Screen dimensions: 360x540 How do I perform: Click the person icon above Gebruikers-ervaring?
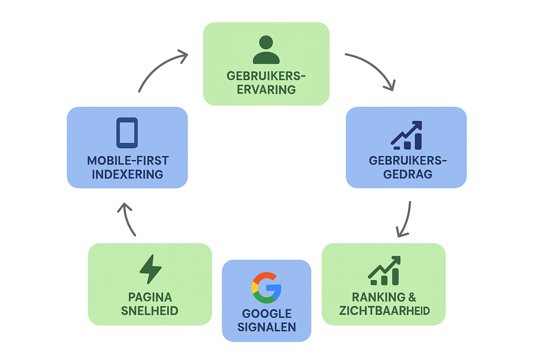click(266, 50)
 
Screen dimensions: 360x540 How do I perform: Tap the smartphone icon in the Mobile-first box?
click(127, 133)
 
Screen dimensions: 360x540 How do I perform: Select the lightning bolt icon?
click(150, 269)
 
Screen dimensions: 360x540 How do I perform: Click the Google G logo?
click(266, 288)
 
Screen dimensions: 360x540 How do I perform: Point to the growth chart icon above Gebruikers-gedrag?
click(407, 135)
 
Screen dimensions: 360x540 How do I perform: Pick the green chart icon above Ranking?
click(384, 270)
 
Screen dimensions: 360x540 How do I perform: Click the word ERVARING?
click(266, 90)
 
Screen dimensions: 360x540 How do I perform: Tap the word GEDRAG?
click(407, 174)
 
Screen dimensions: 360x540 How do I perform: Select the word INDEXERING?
click(127, 174)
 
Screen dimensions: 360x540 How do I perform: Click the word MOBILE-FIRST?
click(128, 161)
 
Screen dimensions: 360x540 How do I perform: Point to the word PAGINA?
click(150, 297)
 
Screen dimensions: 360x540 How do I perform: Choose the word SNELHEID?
click(149, 311)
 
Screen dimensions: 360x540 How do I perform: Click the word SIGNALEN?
click(266, 327)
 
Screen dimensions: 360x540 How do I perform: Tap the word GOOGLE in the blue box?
click(266, 314)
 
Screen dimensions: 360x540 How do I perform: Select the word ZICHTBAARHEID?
click(384, 311)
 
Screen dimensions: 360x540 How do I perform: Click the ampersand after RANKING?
click(412, 297)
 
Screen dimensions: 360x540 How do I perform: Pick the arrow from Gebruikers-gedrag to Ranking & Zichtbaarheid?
click(405, 219)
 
